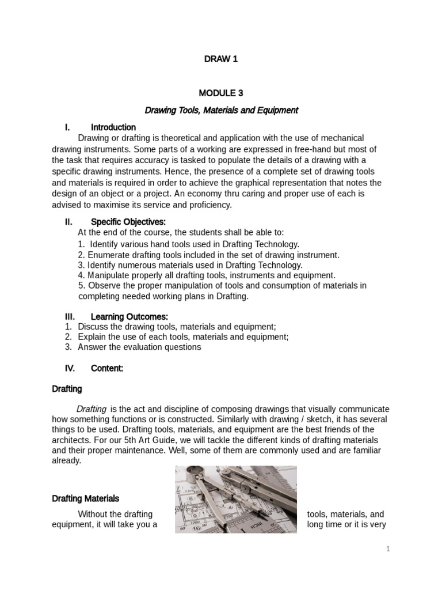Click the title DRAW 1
tap(221, 59)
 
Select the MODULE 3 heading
tap(221, 93)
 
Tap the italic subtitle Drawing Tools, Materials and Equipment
tap(221, 110)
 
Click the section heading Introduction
tap(113, 127)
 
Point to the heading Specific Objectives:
tap(128, 222)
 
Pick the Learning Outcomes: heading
tap(129, 316)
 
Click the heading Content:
tap(107, 368)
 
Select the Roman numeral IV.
tap(70, 368)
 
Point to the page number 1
tap(388, 549)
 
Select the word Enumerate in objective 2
tap(107, 255)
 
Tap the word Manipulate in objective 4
tap(108, 275)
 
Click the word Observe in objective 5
tap(102, 286)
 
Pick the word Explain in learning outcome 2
tap(93, 336)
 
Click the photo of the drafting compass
tap(235, 499)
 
